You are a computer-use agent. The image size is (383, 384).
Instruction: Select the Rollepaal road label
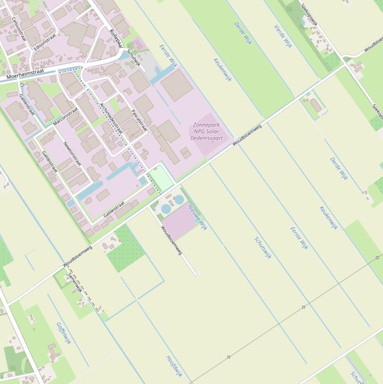116,38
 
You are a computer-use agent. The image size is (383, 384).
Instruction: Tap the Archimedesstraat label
111,118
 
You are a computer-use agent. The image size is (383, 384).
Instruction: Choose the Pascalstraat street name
139,120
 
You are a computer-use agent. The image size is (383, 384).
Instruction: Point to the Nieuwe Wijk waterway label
197,216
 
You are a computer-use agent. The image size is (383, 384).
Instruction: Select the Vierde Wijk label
282,36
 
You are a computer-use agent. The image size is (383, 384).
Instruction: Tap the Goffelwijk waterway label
64,333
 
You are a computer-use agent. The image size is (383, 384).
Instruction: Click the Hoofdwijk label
174,366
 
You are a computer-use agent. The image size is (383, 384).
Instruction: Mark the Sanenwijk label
75,282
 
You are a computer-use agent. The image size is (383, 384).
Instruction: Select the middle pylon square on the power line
303,307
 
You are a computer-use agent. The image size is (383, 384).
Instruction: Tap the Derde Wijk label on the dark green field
242,33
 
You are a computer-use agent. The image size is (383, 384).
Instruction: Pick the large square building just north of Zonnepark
176,85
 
